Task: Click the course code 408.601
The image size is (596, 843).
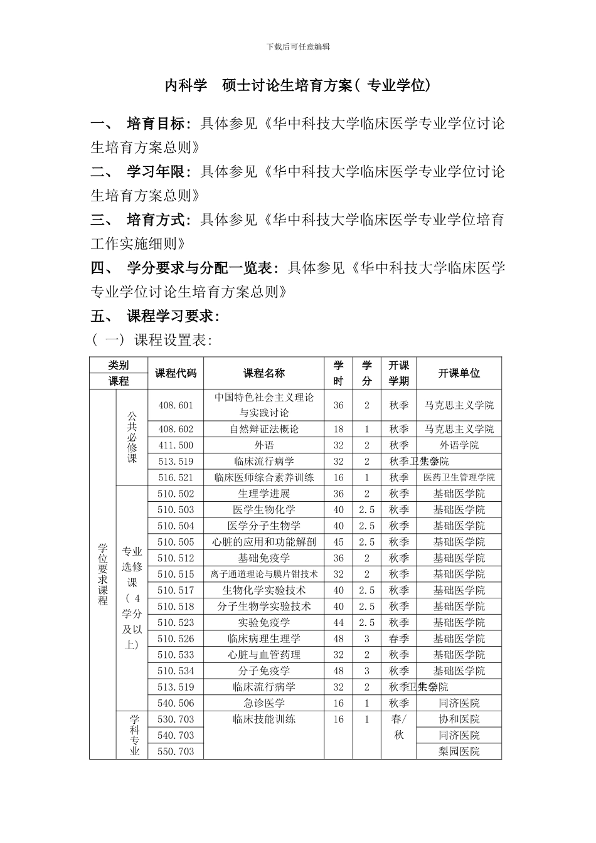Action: click(176, 405)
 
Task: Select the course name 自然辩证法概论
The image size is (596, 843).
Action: click(264, 429)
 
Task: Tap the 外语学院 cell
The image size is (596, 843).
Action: click(459, 445)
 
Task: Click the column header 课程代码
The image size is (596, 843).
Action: click(176, 373)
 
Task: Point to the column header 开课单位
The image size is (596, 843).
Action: click(459, 373)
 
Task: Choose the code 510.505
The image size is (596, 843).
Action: click(176, 542)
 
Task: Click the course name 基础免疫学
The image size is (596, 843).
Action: click(264, 558)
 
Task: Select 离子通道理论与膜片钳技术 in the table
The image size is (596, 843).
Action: click(264, 574)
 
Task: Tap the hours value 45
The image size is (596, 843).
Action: click(339, 542)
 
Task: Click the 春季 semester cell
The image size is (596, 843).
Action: click(399, 639)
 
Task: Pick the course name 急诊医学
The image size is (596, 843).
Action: click(264, 703)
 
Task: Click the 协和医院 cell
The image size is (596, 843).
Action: click(459, 719)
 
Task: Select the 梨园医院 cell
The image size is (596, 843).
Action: click(459, 751)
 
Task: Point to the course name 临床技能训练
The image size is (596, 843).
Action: click(264, 719)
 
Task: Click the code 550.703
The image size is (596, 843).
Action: click(176, 751)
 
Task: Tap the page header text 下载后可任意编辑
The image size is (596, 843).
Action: click(298, 47)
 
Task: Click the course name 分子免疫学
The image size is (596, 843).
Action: click(264, 671)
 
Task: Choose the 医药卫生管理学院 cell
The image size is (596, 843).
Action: click(459, 478)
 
